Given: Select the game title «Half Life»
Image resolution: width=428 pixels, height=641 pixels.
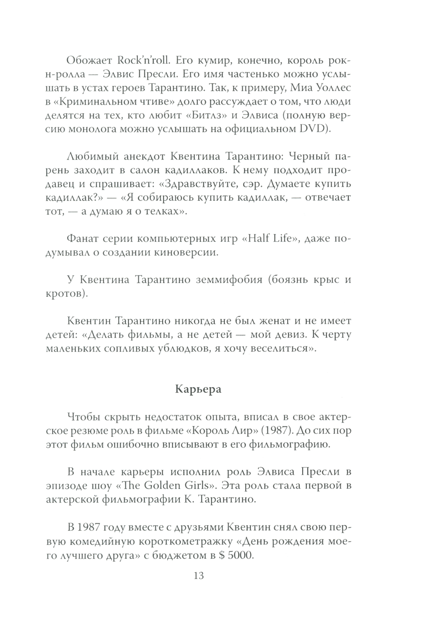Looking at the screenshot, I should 269,239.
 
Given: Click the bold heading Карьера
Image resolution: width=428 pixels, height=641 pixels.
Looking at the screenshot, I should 198,389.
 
